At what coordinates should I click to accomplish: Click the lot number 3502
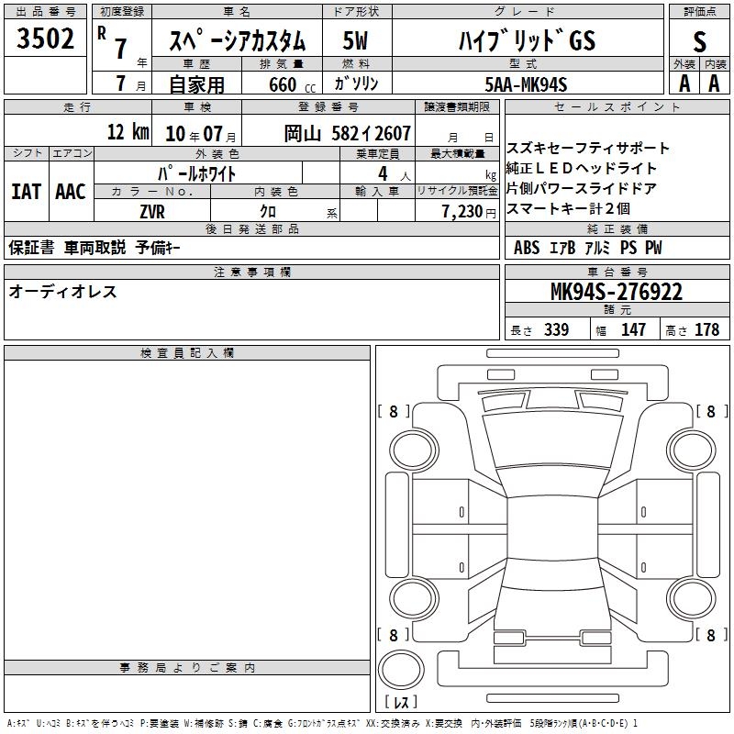coord(45,39)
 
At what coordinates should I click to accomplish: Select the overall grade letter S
coord(699,41)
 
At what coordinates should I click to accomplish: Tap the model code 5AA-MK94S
coord(526,84)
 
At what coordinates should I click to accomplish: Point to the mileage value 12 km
coord(128,131)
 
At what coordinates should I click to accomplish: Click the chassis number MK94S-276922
coord(617,292)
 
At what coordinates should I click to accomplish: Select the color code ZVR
coord(152,212)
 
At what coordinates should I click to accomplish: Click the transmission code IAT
coord(27,192)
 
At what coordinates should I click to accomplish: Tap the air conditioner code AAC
coord(71,192)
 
